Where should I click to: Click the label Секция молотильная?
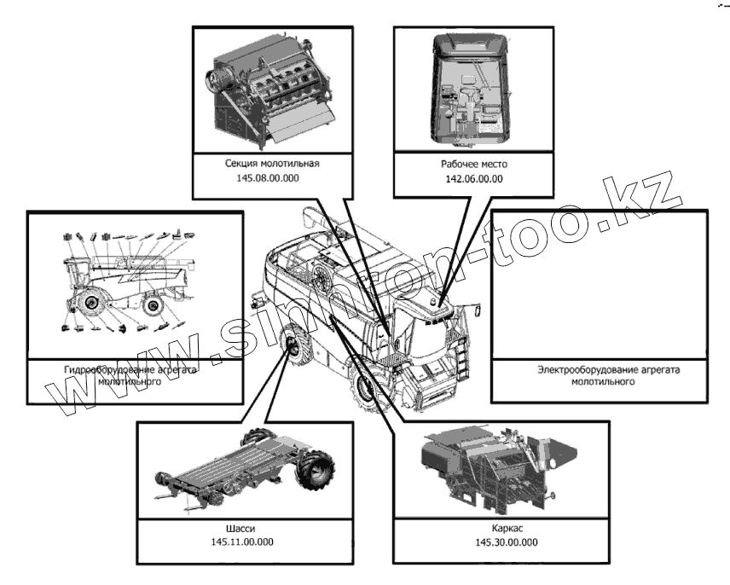click(x=272, y=162)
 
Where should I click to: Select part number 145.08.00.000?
click(x=272, y=179)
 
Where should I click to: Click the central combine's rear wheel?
click(x=293, y=345)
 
